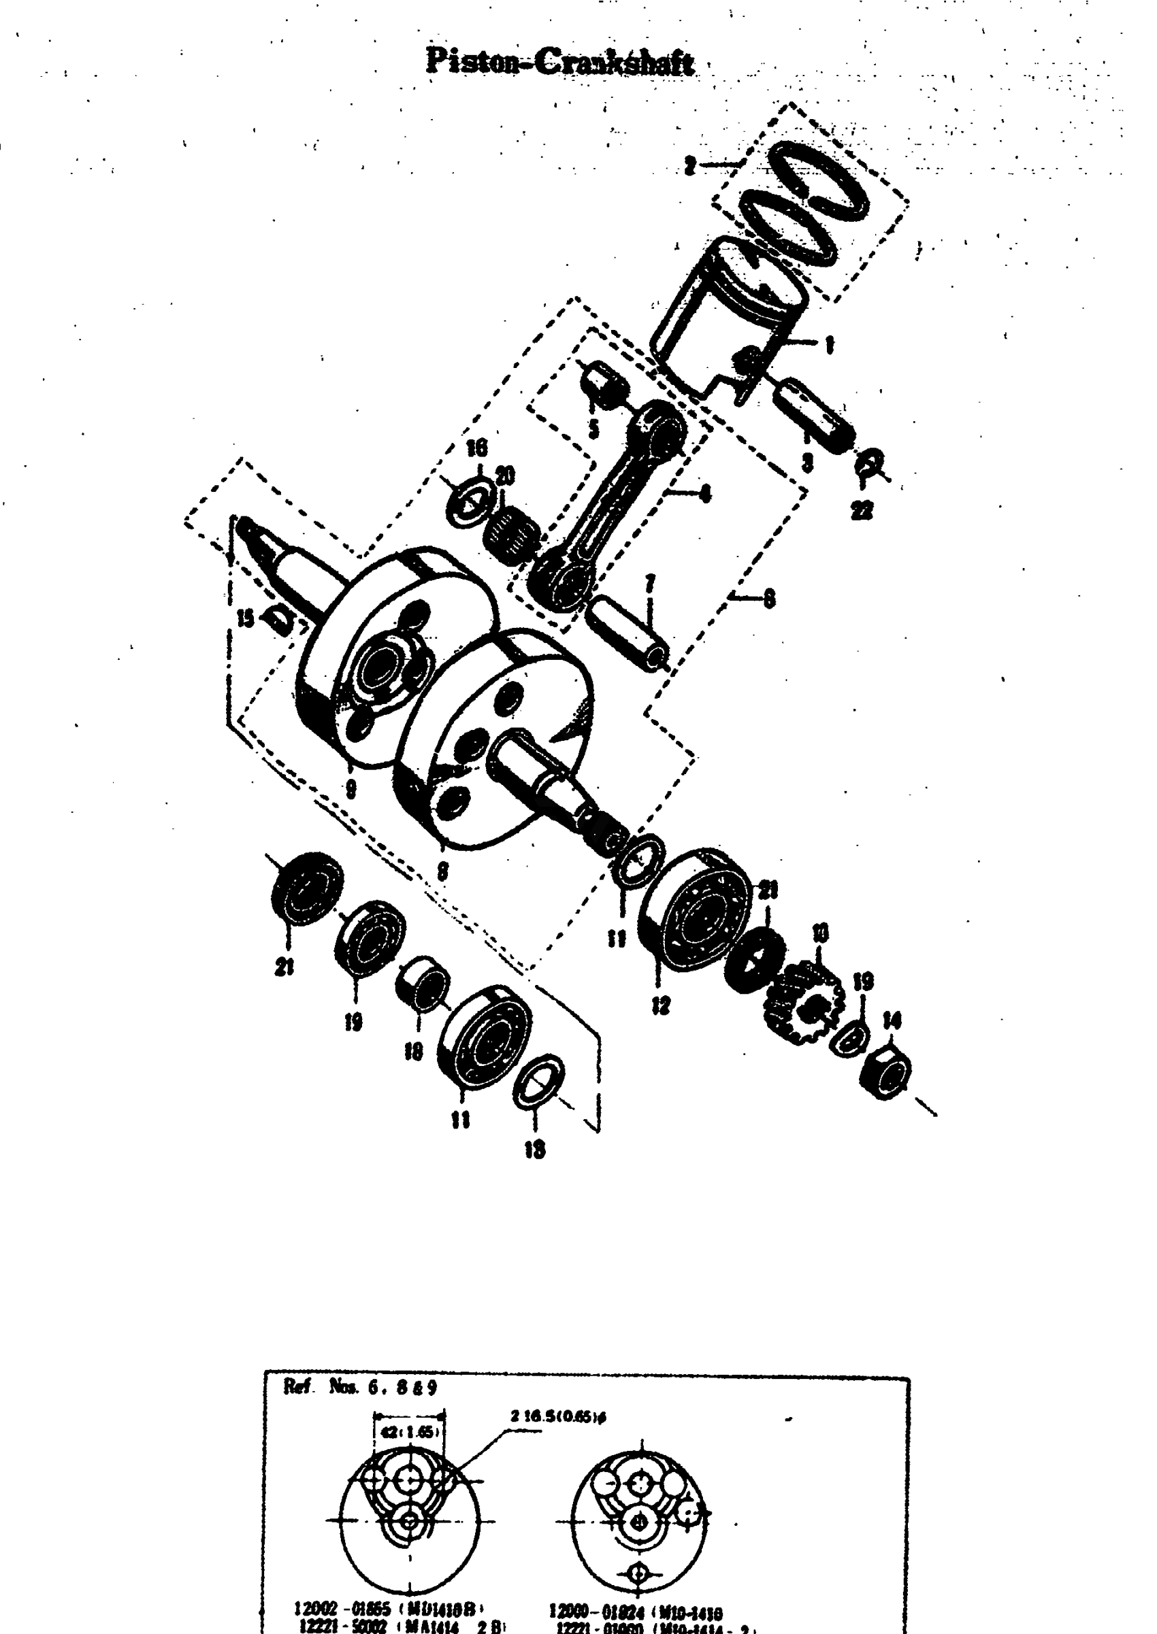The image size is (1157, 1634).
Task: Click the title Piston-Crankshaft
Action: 559,63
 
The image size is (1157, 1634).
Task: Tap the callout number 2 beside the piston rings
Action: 689,166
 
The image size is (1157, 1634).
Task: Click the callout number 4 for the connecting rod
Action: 705,493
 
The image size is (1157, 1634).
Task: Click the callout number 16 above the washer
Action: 476,448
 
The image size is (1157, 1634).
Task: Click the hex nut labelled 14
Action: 885,1072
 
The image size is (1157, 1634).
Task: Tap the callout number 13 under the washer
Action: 534,1149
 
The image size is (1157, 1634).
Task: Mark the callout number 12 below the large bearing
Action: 660,1005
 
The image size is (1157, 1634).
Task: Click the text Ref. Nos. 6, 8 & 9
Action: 360,1387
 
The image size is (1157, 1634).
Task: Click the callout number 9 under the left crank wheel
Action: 351,789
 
